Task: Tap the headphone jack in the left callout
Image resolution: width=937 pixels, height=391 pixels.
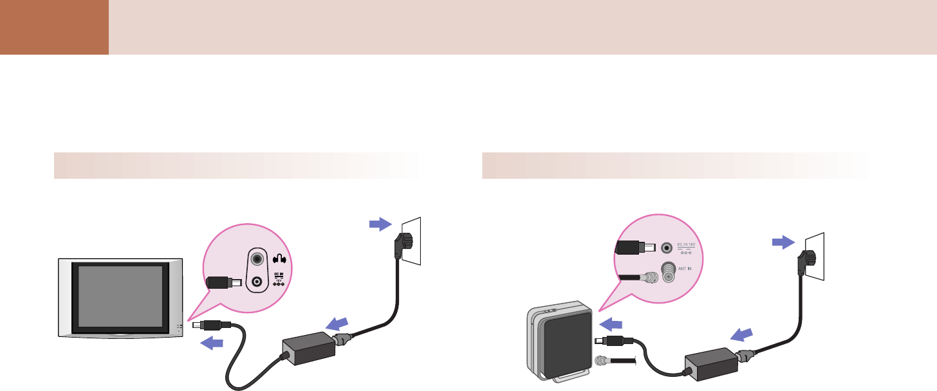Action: tap(258, 259)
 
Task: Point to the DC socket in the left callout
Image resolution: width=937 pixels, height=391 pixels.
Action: tap(258, 281)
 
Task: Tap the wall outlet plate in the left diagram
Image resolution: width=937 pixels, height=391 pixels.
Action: tap(412, 240)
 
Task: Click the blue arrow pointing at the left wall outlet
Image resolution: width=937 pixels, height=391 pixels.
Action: tap(380, 224)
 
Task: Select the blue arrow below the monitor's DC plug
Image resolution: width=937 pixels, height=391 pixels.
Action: tap(212, 343)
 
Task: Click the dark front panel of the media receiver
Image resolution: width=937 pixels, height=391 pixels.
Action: tap(564, 346)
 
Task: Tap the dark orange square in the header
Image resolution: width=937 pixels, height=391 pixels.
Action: tap(54, 27)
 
